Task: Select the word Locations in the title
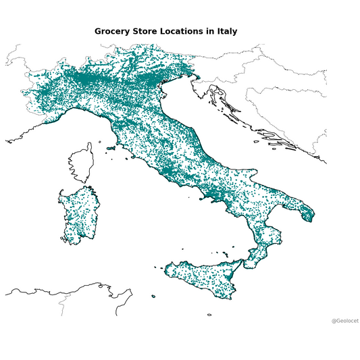pyautogui.click(x=186, y=32)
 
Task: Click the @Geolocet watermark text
pyautogui.click(x=344, y=321)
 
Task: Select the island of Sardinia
pyautogui.click(x=76, y=213)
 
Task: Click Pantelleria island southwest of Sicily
pyautogui.click(x=153, y=296)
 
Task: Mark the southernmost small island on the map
pyautogui.click(x=209, y=314)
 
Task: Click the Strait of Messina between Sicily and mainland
pyautogui.click(x=245, y=262)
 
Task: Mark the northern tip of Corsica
pyautogui.click(x=89, y=145)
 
